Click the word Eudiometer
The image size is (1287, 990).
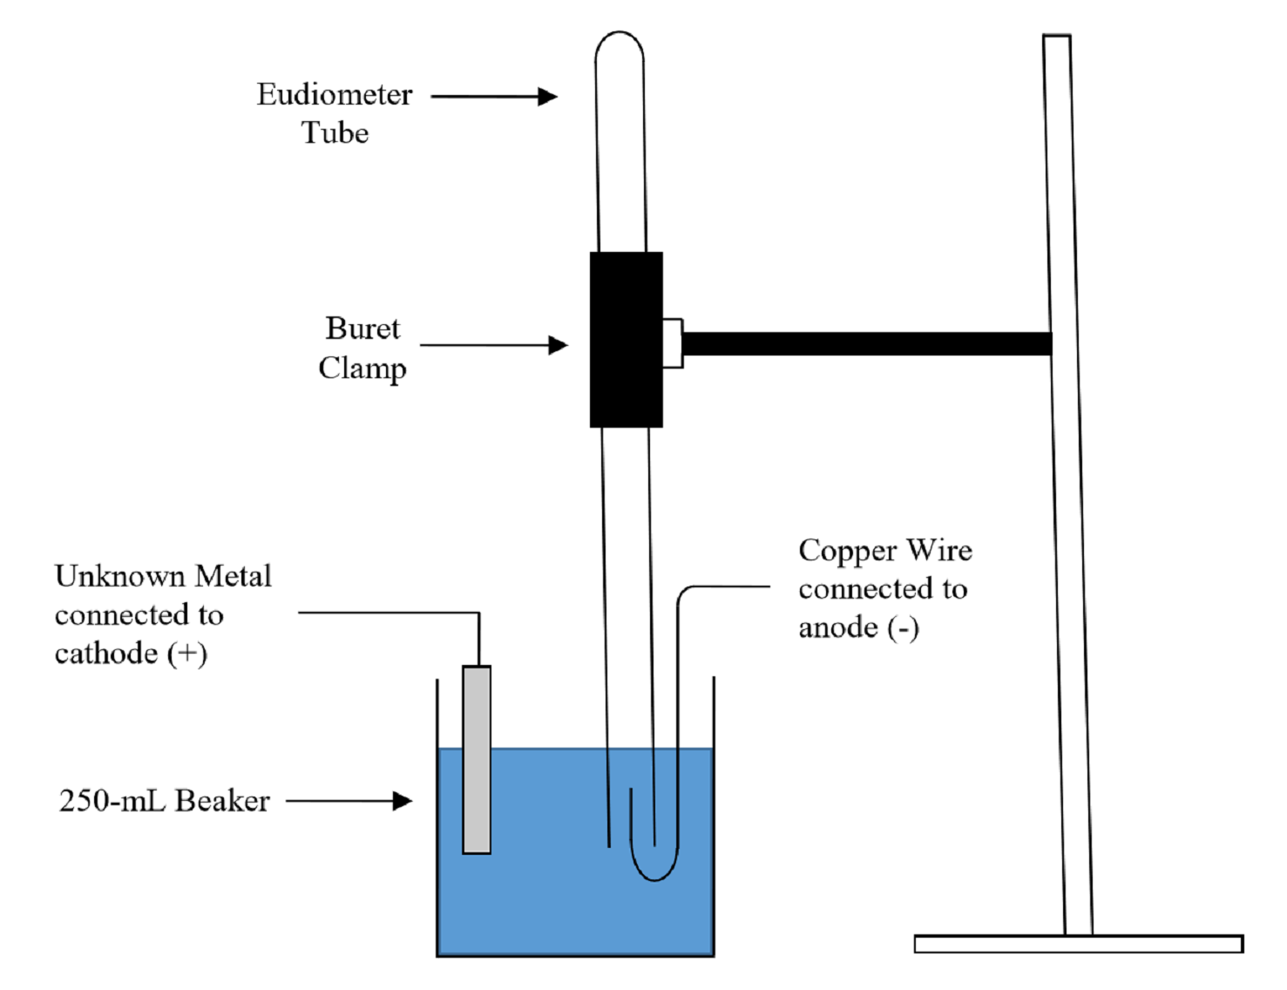(x=334, y=94)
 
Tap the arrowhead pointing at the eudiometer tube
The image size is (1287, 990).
(x=548, y=96)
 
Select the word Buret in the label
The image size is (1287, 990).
(x=362, y=329)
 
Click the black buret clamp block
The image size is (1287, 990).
(x=626, y=339)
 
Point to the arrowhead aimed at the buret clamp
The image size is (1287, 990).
(x=559, y=345)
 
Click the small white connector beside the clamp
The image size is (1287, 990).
(x=672, y=342)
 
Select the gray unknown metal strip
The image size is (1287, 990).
(x=477, y=759)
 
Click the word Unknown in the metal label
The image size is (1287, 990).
(x=120, y=576)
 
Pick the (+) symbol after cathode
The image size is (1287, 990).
(x=187, y=654)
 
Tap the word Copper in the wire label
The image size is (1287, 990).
(x=848, y=551)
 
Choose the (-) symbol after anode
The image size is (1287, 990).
(x=904, y=627)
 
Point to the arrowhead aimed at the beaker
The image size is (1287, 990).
(x=403, y=801)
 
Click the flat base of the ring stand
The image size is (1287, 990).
(x=1078, y=944)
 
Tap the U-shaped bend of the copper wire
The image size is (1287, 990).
(x=654, y=871)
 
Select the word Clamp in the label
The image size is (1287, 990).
(x=362, y=368)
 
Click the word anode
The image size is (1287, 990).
(x=837, y=627)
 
